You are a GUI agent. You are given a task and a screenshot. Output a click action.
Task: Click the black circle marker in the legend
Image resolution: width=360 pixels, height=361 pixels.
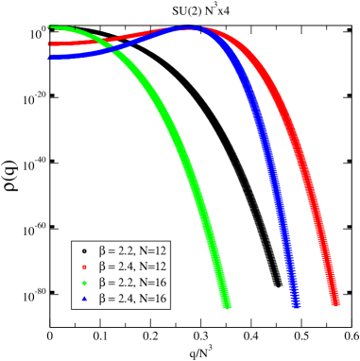84,250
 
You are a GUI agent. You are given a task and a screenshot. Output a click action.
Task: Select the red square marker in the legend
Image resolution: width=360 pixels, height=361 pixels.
84,266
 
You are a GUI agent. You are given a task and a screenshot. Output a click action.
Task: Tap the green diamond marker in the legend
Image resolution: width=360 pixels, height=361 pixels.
84,283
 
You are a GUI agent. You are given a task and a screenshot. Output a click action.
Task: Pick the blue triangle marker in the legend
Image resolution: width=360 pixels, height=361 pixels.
84,299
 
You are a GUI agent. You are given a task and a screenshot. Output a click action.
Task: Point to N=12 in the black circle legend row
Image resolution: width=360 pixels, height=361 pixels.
152,250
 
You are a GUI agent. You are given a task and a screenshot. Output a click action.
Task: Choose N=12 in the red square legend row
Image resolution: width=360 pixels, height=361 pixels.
152,266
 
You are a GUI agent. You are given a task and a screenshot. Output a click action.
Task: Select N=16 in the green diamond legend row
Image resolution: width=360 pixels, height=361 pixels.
152,283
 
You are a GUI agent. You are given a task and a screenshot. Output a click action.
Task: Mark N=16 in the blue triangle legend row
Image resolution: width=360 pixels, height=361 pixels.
152,299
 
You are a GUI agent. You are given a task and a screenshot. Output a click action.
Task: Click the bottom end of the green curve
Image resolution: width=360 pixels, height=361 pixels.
227,304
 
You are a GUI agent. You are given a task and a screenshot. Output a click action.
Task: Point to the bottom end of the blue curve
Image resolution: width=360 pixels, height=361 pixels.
296,304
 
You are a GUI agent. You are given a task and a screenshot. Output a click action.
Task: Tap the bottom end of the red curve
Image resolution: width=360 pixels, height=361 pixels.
335,302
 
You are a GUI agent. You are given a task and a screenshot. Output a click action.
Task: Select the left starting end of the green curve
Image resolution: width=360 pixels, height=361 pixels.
50,26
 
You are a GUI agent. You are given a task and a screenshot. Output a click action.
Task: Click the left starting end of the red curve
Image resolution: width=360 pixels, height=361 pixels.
50,43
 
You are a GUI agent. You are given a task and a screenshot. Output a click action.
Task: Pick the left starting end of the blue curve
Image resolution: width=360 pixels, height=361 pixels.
50,57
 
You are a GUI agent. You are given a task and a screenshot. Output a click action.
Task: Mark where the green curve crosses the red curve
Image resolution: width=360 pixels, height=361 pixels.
102,41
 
